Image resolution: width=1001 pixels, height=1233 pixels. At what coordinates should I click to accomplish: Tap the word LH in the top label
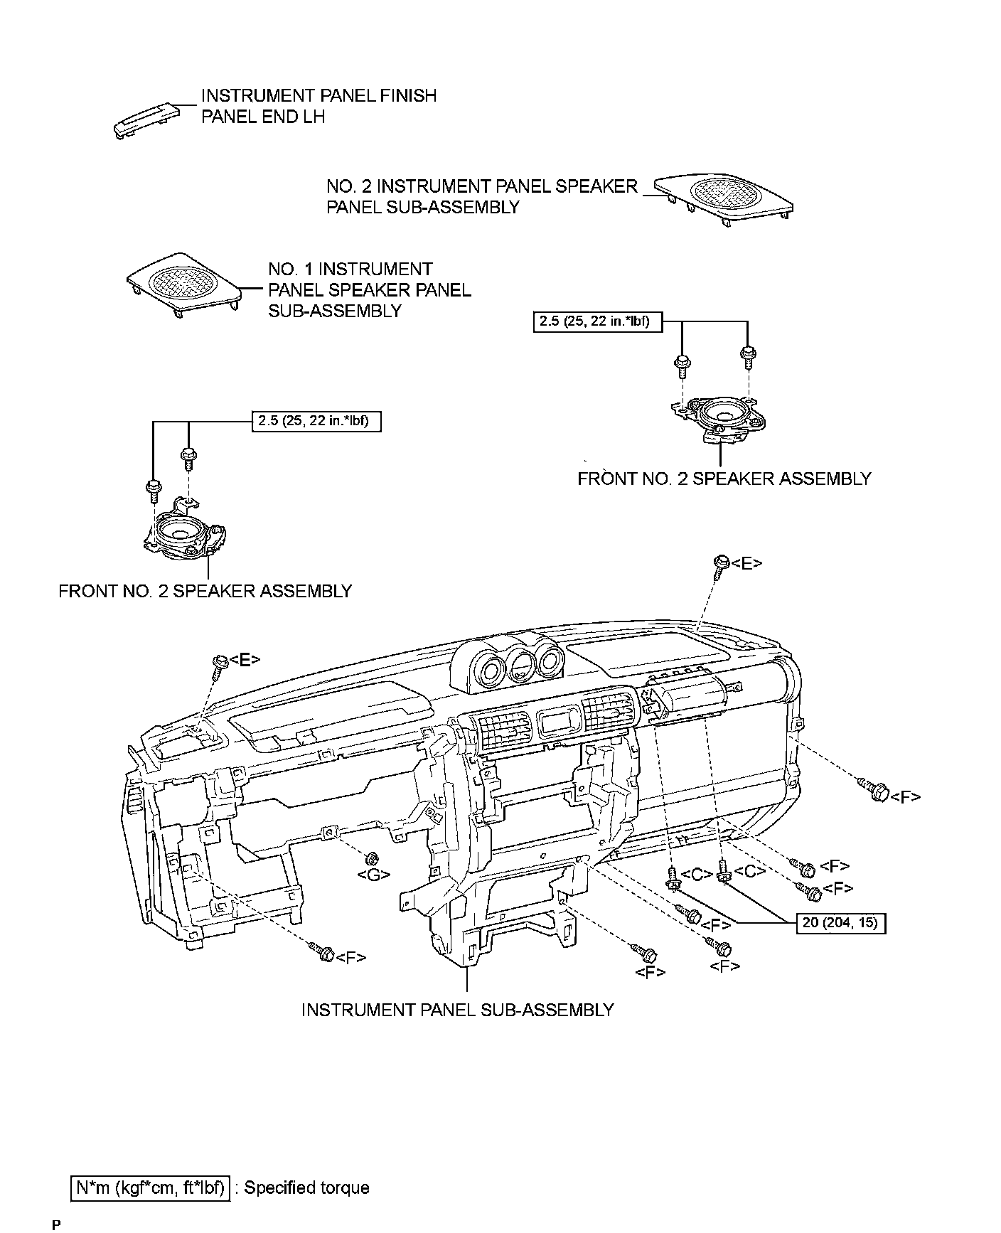pos(314,117)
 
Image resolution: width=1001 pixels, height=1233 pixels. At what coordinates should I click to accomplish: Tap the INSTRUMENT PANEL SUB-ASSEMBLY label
pos(457,1010)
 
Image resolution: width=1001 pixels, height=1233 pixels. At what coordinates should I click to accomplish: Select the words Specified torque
pos(306,1188)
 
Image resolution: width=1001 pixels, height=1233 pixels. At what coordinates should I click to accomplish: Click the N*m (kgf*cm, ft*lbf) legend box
pos(151,1188)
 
